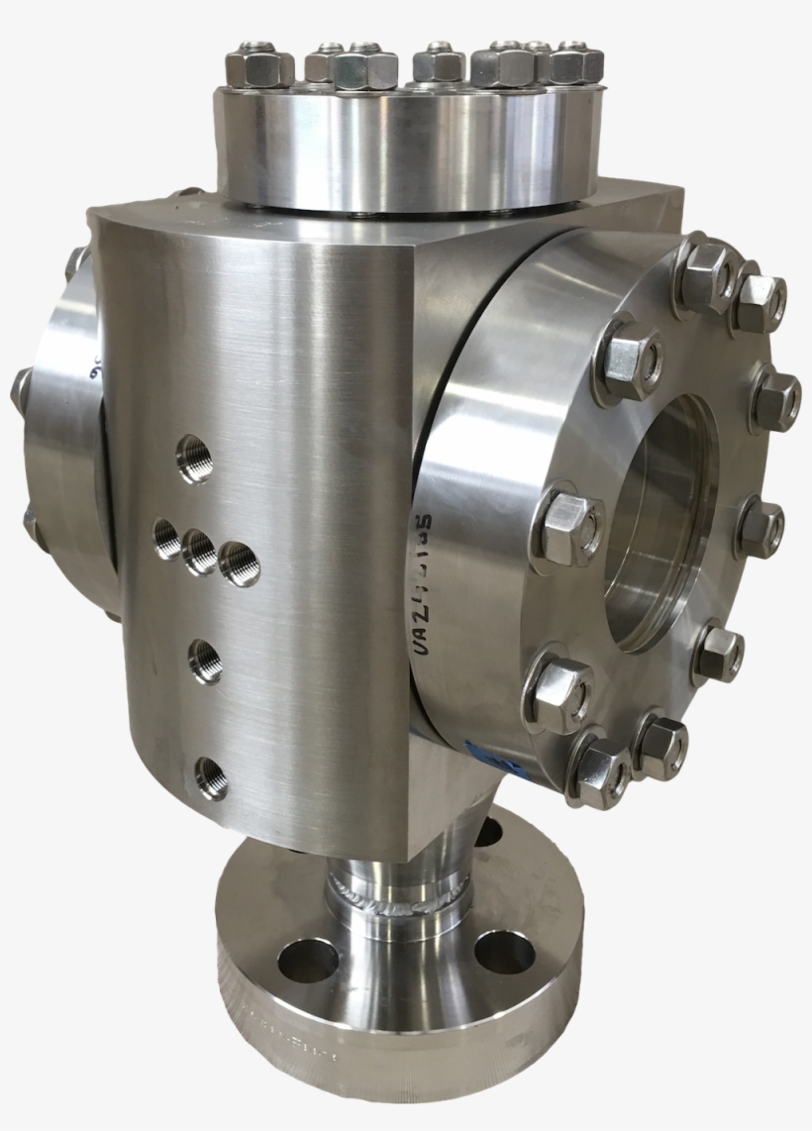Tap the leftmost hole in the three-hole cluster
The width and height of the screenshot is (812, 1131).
(167, 541)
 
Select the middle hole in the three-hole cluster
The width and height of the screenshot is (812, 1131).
(199, 551)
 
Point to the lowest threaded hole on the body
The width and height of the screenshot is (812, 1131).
(211, 777)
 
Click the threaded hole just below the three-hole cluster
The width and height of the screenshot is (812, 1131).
(205, 661)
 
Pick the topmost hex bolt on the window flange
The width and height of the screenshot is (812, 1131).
(705, 262)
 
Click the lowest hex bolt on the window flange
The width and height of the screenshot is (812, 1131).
(600, 771)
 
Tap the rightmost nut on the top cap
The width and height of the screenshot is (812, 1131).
(574, 65)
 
